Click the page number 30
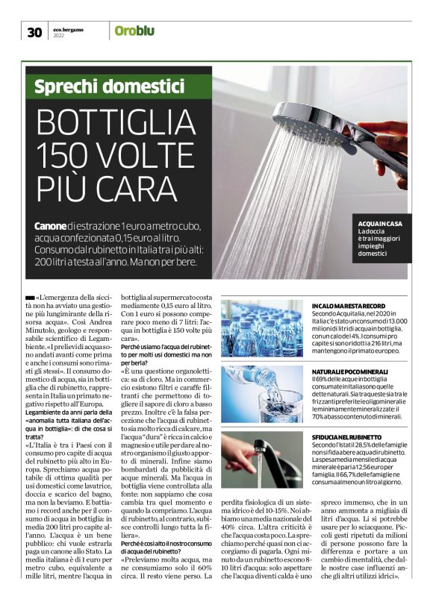pyautogui.click(x=34, y=32)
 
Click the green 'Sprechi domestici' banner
pyautogui.click(x=110, y=87)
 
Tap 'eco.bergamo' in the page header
pyautogui.click(x=69, y=28)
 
